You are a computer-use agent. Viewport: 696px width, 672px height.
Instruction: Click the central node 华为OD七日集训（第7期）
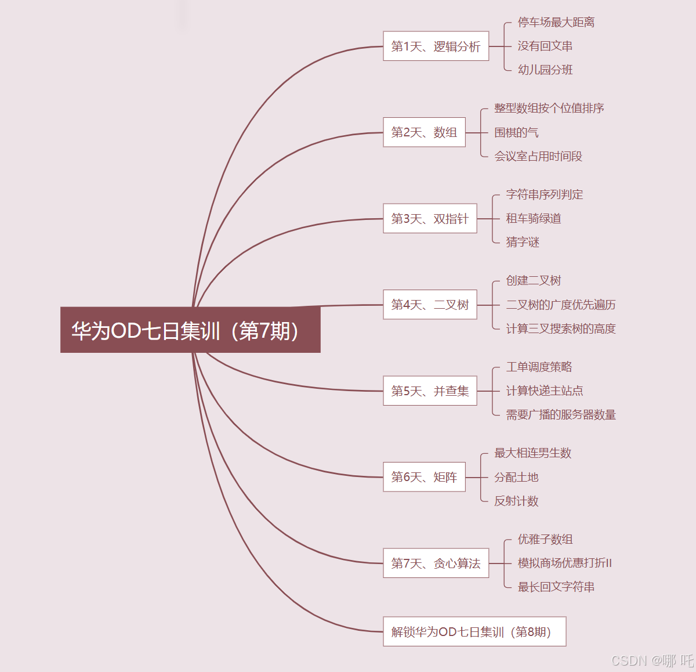[190, 330]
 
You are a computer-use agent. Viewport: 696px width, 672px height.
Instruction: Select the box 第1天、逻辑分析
[436, 46]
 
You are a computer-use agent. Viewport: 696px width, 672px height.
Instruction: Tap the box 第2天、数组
[424, 132]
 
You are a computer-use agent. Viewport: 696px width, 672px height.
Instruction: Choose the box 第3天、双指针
[430, 219]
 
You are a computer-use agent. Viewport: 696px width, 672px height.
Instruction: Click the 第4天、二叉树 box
[430, 305]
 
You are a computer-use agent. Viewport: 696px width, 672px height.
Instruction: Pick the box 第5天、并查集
[430, 391]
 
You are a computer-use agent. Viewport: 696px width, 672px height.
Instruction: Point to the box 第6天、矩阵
[424, 477]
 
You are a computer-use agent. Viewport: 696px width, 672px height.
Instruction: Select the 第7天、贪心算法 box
[436, 563]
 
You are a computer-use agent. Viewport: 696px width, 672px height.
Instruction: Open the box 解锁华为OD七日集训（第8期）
[474, 632]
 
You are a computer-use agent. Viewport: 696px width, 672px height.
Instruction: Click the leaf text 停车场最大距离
[556, 22]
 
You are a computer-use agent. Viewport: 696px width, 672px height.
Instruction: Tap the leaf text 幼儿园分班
[545, 70]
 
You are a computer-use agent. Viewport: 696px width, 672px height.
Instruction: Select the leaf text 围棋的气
[516, 132]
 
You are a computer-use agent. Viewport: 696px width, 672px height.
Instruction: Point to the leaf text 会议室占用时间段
[538, 156]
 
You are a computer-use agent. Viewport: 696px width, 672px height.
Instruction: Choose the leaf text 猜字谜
[523, 242]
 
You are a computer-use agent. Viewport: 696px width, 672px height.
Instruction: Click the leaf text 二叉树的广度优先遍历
[560, 305]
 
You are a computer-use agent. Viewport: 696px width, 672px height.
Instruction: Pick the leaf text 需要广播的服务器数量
[560, 414]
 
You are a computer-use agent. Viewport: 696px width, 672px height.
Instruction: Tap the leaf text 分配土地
[516, 477]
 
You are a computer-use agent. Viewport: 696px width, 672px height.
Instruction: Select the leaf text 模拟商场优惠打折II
[564, 563]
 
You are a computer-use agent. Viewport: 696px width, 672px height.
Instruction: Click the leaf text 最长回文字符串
[556, 587]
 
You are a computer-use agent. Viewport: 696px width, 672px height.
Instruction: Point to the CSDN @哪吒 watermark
[652, 660]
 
